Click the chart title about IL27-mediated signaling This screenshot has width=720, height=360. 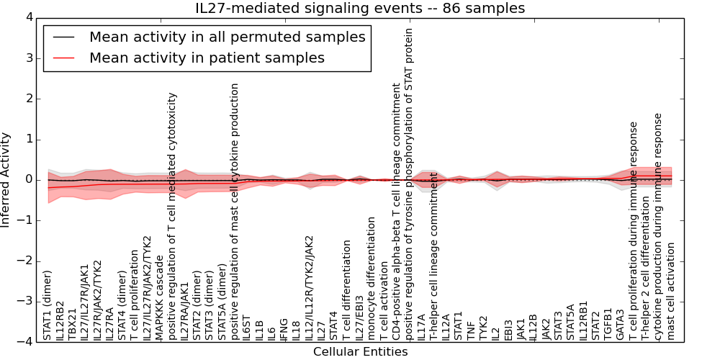pos(360,8)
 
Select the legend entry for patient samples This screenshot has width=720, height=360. pos(207,58)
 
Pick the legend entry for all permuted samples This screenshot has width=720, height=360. pos(227,37)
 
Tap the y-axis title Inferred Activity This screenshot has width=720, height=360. pos(6,179)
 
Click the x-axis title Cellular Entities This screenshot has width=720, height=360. pos(360,352)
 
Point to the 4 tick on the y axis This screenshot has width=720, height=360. pos(29,17)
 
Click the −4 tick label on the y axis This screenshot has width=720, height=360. pos(25,342)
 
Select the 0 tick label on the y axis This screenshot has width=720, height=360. pos(29,179)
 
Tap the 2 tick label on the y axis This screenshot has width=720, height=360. pos(29,99)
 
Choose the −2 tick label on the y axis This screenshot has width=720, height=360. pos(25,261)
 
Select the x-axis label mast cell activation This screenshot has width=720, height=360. pos(671,291)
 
